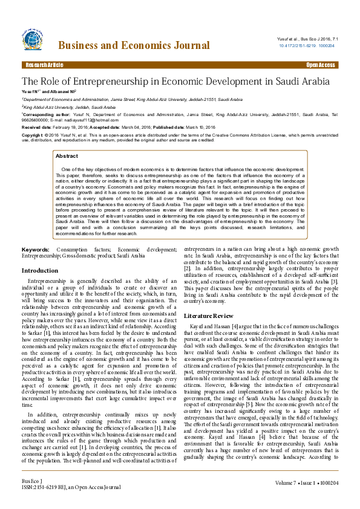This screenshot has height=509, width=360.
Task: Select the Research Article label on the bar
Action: pyautogui.click(x=44, y=64)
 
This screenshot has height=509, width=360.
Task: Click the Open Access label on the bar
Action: pyautogui.click(x=320, y=64)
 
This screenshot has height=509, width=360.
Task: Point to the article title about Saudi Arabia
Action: pyautogui.click(x=175, y=81)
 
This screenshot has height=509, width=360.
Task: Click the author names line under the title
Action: pyautogui.click(x=49, y=92)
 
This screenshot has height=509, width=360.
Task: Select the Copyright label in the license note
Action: pyautogui.click(x=33, y=135)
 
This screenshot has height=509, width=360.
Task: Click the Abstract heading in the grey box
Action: pyautogui.click(x=67, y=156)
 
